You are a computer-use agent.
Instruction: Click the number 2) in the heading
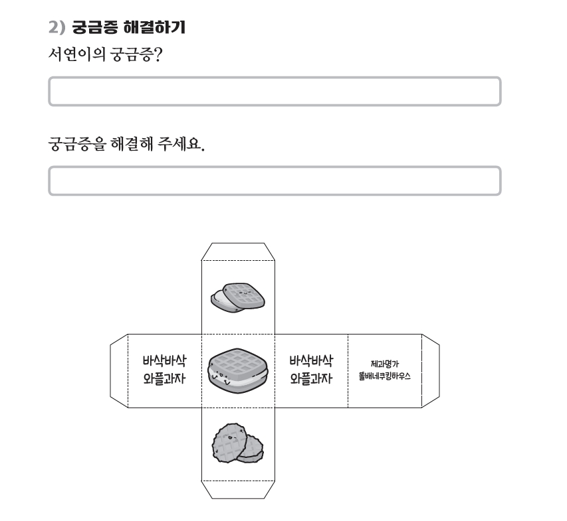coord(57,27)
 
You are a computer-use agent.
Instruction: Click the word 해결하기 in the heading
coord(154,27)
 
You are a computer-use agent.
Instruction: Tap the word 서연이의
coord(77,54)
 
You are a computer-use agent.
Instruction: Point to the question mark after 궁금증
coord(158,54)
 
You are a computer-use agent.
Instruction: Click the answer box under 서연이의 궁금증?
coord(275,92)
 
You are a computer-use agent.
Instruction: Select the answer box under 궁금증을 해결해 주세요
coord(275,181)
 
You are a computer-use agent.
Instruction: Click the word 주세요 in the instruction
coord(179,144)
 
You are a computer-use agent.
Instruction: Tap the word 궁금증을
coord(77,144)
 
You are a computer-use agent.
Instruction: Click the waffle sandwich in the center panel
coord(238,371)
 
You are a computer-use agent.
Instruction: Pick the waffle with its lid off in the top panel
coord(238,297)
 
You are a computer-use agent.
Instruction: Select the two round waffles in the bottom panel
coord(237,443)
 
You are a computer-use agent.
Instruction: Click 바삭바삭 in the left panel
coord(165,360)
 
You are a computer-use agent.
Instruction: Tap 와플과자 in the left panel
coord(165,378)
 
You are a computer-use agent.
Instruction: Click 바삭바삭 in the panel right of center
coord(311,360)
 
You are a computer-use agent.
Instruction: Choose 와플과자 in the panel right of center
coord(311,378)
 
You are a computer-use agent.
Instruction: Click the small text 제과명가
coord(385,364)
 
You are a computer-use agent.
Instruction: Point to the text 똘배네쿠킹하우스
coord(385,376)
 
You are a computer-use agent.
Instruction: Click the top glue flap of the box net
coord(238,252)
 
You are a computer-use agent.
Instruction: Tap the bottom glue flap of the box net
coord(238,490)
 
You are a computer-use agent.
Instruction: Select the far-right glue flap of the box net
coord(431,371)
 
